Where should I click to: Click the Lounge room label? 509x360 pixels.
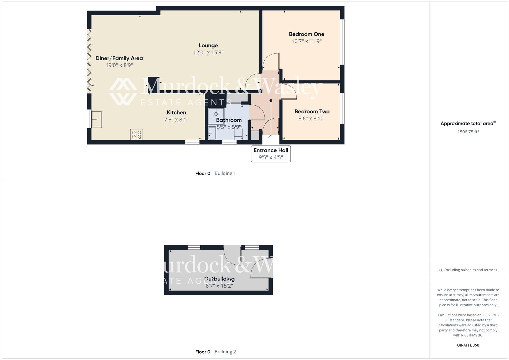pos(208,46)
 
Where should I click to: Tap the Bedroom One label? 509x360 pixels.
pos(306,34)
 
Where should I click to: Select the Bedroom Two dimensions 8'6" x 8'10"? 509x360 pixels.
pos(312,119)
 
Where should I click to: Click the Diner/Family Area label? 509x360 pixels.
pos(119,58)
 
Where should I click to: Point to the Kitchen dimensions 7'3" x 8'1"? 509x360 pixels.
pos(176,120)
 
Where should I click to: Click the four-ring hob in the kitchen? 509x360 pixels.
pos(137,134)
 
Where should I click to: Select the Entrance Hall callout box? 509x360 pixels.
pos(271,154)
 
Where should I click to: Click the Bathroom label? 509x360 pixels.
pos(229,120)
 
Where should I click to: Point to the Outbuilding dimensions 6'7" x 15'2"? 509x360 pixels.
pos(219,286)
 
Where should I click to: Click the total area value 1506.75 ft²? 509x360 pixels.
pos(468,132)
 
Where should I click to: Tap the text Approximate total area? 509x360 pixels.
pos(467,124)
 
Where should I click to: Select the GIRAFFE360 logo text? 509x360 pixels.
pos(468,345)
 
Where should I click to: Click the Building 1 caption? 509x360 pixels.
pos(225,173)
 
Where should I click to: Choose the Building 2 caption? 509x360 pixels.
pos(225,352)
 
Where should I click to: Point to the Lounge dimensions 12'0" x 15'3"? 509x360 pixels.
pos(208,53)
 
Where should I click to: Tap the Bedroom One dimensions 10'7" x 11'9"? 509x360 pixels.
pos(306,41)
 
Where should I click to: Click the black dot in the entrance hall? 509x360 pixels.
pos(271,101)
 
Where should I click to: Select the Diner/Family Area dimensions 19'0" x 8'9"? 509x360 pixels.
pos(119,65)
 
